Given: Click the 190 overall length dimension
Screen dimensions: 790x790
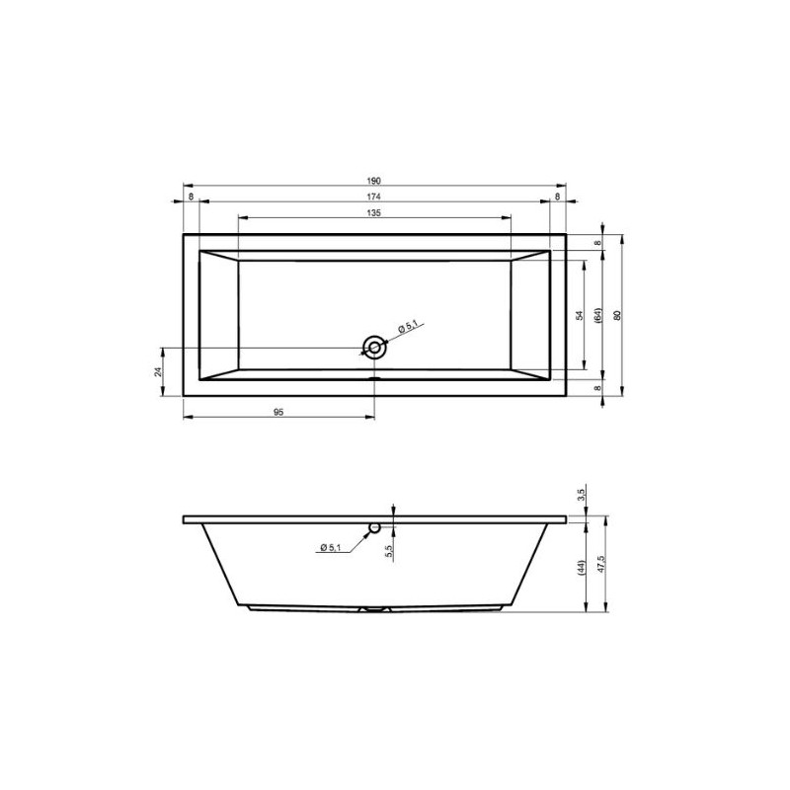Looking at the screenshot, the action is (x=373, y=181).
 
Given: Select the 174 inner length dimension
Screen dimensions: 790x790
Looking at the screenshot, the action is (x=373, y=197).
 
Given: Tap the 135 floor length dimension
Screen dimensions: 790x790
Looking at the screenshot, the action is (x=373, y=212).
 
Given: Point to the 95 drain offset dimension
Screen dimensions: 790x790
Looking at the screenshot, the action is (x=278, y=412).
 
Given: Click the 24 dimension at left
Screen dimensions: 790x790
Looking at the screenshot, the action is (x=158, y=372).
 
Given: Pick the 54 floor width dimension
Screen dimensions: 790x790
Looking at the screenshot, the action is (x=580, y=315).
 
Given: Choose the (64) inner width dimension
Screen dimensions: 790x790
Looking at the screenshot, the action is (x=598, y=315).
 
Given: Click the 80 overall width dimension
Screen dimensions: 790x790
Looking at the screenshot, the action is (x=616, y=315).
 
